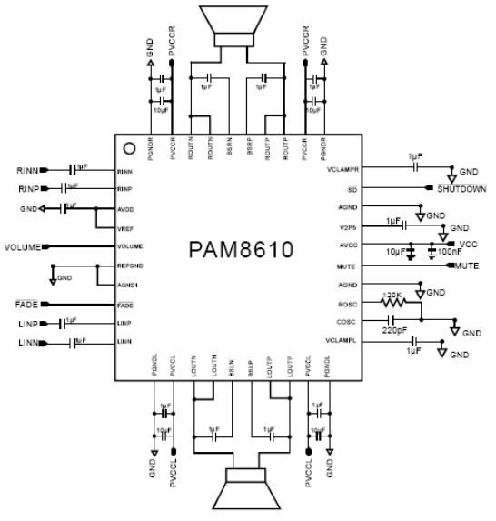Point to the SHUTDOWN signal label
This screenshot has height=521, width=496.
point(462,189)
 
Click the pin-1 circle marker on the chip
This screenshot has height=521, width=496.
point(130,147)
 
